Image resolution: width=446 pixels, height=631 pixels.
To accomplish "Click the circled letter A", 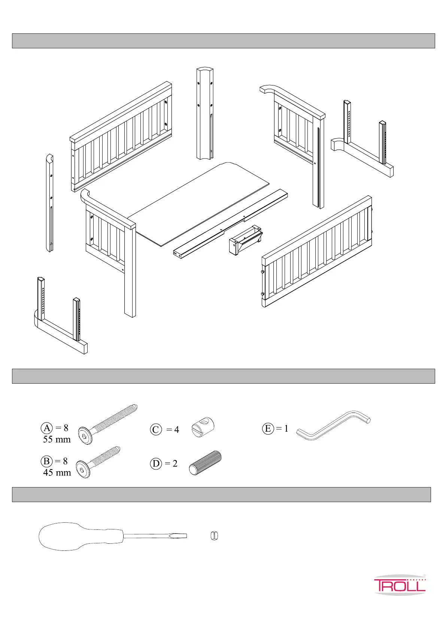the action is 47,428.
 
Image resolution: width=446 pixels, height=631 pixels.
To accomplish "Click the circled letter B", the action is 46,461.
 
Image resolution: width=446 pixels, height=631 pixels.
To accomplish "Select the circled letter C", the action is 156,429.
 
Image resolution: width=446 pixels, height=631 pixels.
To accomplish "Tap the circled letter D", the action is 156,464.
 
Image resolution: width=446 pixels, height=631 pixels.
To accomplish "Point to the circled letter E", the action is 267,428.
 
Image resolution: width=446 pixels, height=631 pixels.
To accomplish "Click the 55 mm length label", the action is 57,439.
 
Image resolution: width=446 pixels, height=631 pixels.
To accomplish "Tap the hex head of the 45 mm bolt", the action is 83,470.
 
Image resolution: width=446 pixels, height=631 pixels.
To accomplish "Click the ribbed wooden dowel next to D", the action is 205,463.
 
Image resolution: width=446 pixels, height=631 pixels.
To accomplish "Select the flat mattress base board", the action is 198,202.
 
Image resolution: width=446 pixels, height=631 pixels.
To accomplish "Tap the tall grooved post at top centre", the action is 205,112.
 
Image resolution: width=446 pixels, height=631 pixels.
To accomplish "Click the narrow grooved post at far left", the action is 49,202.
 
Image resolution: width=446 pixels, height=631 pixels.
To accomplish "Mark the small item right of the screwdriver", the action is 215,536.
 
